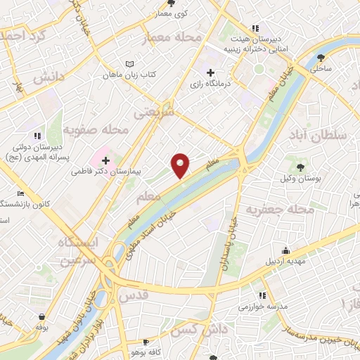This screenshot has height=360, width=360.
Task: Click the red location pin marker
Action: [181, 165]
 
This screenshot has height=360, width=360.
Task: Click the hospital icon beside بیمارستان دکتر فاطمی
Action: [105, 161]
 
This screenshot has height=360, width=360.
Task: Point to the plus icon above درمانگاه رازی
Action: [210, 72]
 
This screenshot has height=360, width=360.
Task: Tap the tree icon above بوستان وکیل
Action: [301, 167]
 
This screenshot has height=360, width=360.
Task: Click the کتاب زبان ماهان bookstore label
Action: [129, 74]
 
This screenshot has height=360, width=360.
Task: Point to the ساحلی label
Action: [323, 68]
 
